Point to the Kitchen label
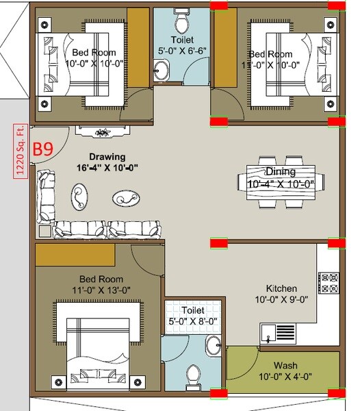[281, 288]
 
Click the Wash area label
[285, 365]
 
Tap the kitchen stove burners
[329, 279]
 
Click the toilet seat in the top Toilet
[182, 25]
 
